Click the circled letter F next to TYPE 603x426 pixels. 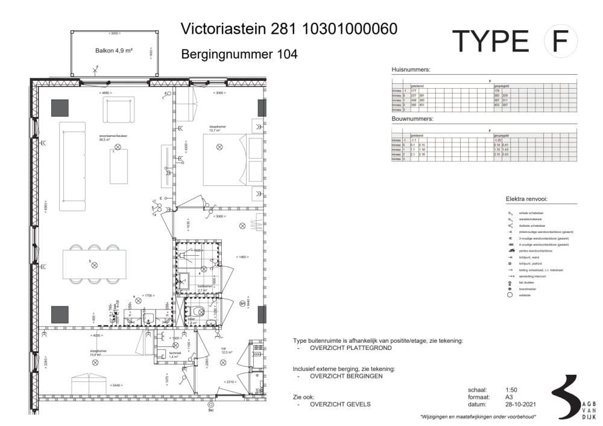560,41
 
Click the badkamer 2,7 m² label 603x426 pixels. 205,288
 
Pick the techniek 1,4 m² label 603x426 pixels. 175,355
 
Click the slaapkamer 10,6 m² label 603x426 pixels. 99,353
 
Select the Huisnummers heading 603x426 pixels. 411,70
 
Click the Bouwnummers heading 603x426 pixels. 412,119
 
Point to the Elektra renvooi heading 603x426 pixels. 530,199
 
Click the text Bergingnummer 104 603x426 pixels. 239,54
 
